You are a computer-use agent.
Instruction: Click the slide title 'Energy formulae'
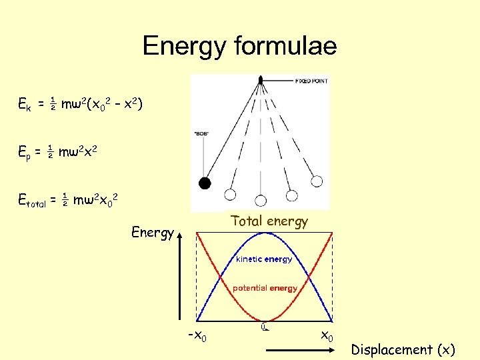tap(239, 46)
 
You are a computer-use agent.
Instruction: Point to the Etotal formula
tap(69, 199)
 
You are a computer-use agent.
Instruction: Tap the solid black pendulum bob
tap(206, 183)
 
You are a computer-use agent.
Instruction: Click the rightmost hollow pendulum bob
tap(317, 181)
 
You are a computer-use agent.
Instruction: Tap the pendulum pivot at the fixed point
tap(260, 81)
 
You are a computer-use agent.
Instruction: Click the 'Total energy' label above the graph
tap(269, 221)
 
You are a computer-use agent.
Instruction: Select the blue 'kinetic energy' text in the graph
tap(264, 259)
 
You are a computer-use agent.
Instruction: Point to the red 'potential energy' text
tap(265, 288)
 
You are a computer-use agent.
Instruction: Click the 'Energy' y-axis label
tap(153, 233)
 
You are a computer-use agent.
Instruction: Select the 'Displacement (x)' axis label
tap(403, 349)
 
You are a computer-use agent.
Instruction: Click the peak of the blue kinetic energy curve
tap(264, 233)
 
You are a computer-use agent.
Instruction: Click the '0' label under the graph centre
tap(264, 327)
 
